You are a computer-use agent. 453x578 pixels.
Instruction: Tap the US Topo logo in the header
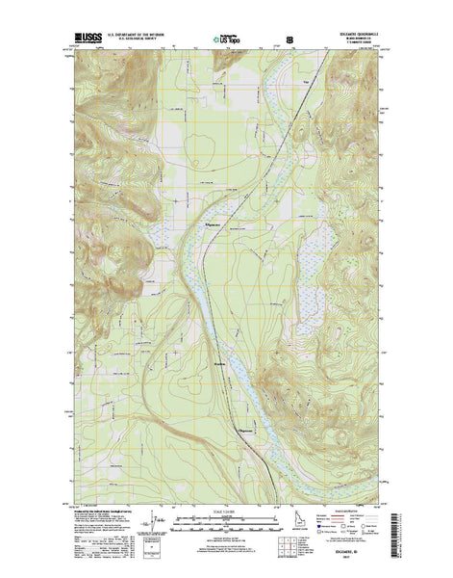tap(227, 40)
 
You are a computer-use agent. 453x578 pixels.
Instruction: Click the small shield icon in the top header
tap(289, 40)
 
